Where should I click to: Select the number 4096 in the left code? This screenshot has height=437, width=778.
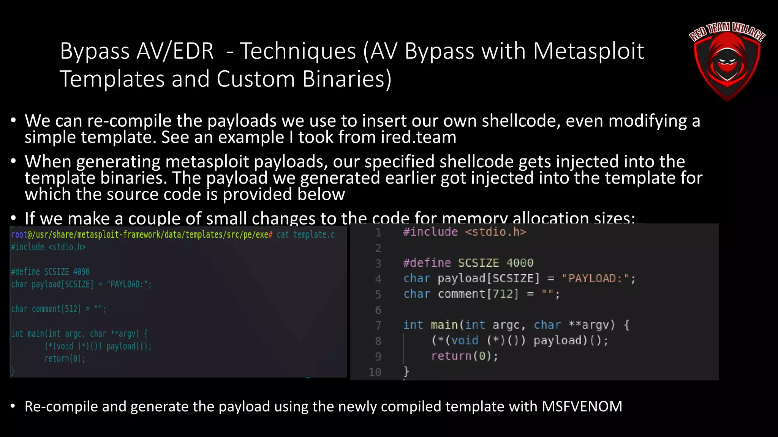tap(81, 272)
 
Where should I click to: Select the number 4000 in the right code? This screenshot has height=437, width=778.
tap(520, 263)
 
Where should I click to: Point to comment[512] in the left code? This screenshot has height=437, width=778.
tap(56, 309)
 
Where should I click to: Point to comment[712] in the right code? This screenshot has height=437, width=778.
tap(478, 294)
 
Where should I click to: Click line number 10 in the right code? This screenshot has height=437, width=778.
tap(375, 372)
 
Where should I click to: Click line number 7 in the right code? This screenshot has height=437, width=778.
tap(378, 325)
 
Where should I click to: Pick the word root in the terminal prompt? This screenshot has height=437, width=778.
tap(19, 234)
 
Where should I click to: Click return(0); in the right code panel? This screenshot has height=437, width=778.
tap(464, 356)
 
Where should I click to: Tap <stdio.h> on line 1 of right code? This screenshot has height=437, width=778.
tap(496, 232)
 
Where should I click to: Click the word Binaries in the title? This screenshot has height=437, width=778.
tap(346, 79)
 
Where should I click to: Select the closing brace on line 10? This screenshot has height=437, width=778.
tap(406, 371)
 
